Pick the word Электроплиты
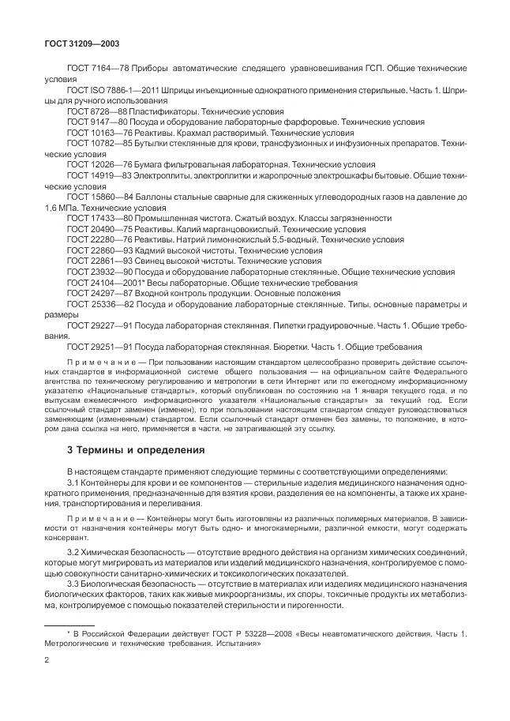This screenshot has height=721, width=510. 162,175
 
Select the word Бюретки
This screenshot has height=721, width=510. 308,346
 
